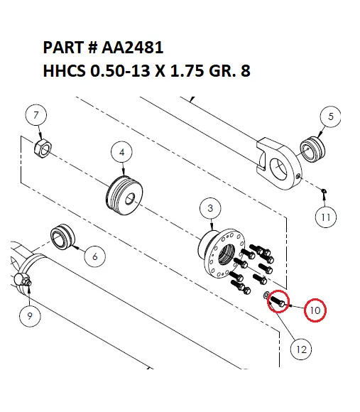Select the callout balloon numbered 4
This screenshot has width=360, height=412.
(x=123, y=152)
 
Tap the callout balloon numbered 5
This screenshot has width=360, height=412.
(x=331, y=116)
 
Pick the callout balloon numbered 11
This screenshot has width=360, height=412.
(x=325, y=217)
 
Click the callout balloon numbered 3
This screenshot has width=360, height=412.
(x=210, y=208)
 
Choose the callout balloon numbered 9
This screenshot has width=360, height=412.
(x=30, y=317)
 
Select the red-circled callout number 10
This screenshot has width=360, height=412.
(x=315, y=310)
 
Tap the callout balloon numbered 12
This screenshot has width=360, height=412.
(x=302, y=349)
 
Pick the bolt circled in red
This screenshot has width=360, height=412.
(x=278, y=302)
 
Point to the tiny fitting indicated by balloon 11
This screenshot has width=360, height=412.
(x=323, y=190)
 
